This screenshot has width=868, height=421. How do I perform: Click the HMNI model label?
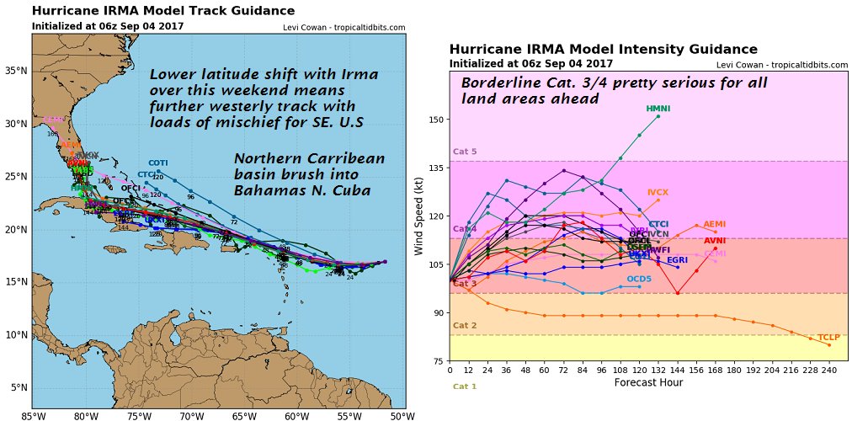(x=658, y=109)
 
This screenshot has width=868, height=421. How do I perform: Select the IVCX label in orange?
(x=658, y=194)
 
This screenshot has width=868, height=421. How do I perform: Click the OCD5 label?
(x=639, y=279)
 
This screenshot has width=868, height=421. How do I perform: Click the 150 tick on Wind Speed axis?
(x=435, y=120)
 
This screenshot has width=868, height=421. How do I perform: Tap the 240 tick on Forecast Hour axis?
(x=828, y=370)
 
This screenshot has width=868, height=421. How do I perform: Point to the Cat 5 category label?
(x=465, y=152)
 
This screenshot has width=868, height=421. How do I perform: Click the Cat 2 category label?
(x=465, y=326)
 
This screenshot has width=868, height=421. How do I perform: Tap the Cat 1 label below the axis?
(x=465, y=386)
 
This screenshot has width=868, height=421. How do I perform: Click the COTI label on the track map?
(x=158, y=163)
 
